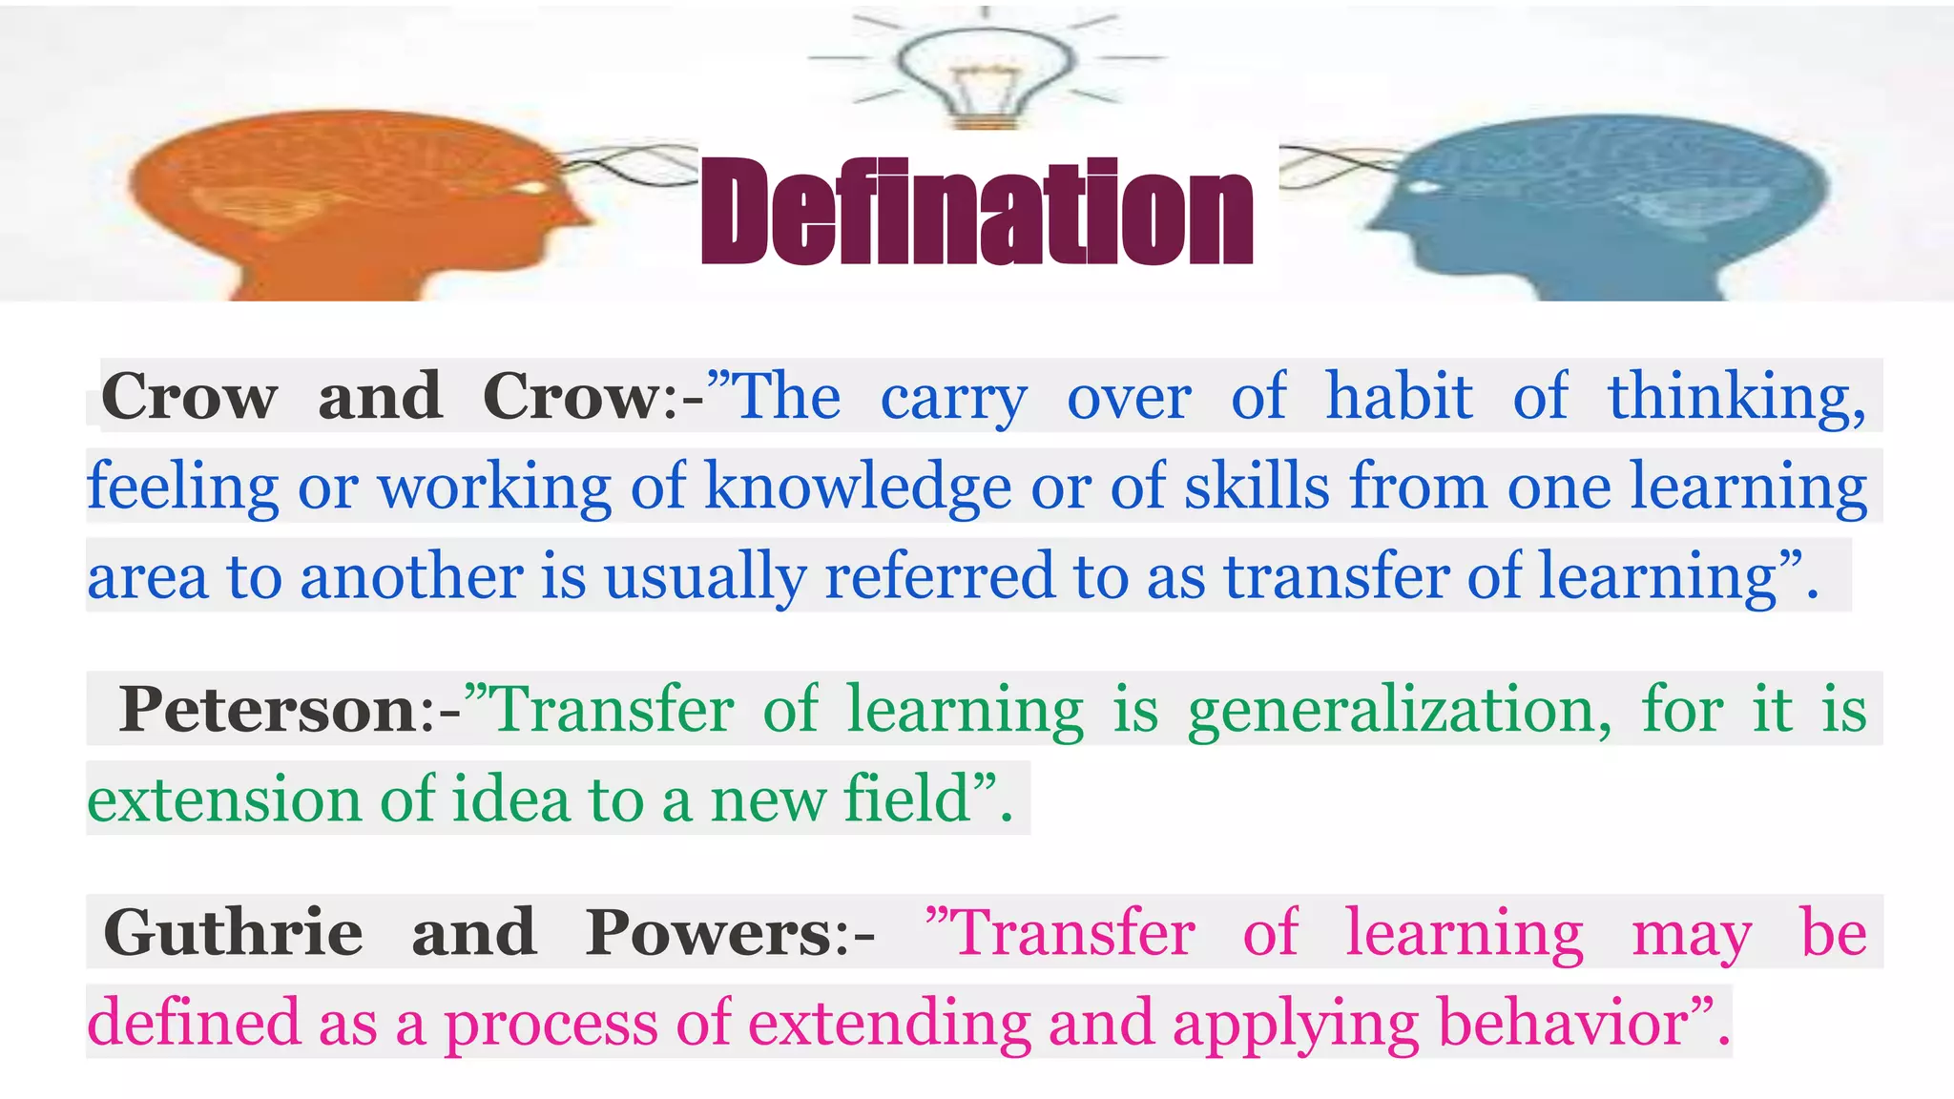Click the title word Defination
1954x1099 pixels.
click(976, 212)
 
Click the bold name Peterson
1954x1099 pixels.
click(268, 710)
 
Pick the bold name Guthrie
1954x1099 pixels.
click(233, 933)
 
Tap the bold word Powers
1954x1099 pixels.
click(710, 933)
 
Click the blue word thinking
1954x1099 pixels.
click(1736, 397)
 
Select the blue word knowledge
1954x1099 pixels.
click(858, 487)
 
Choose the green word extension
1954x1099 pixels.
click(224, 799)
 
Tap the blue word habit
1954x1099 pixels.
click(1399, 396)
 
